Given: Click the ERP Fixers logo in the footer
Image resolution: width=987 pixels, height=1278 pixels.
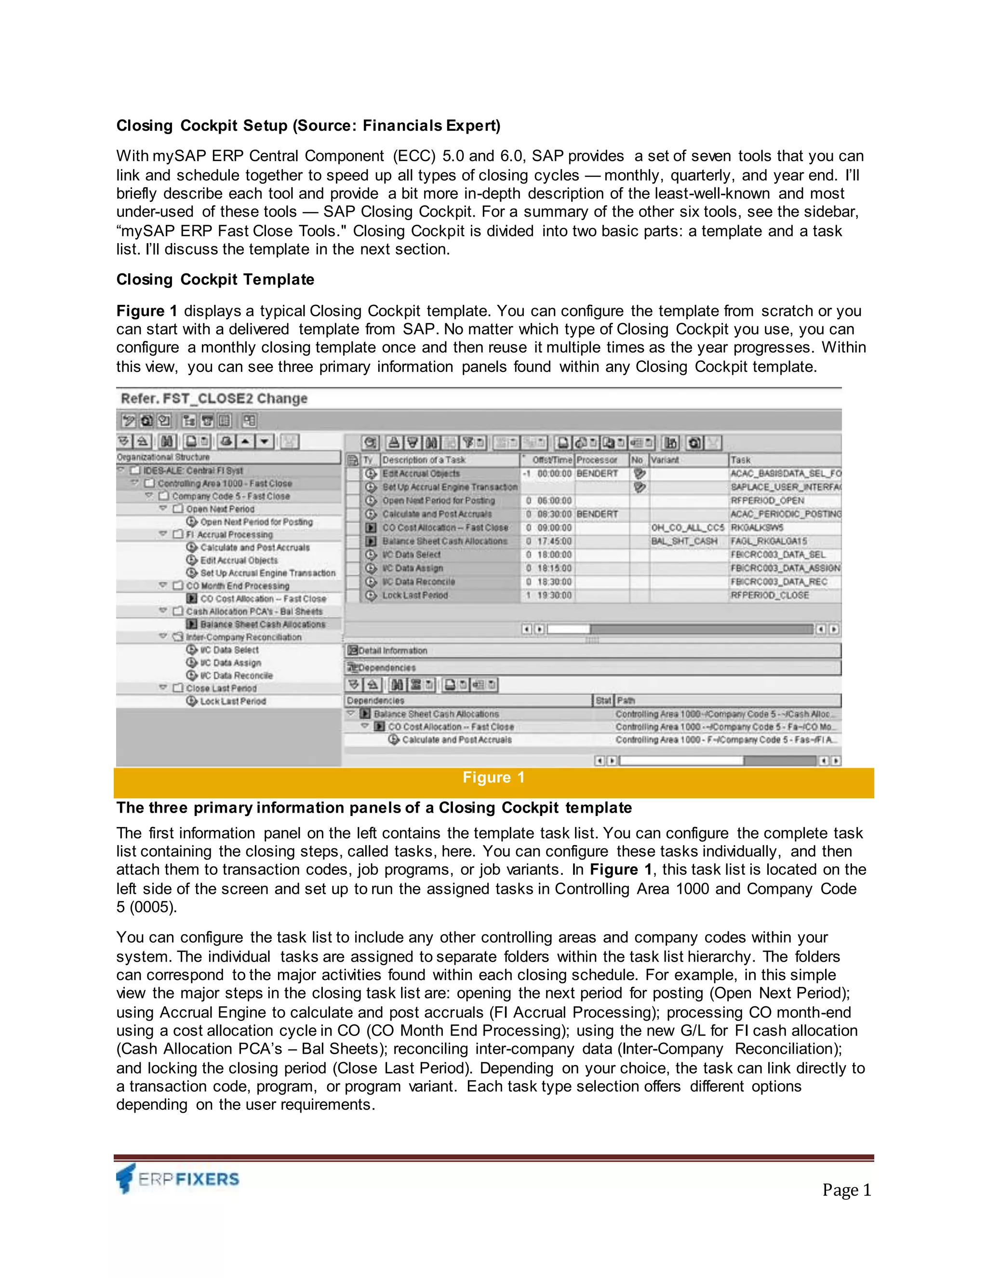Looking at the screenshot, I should coord(178,1178).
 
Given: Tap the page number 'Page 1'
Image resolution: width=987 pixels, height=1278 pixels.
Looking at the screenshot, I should coord(846,1189).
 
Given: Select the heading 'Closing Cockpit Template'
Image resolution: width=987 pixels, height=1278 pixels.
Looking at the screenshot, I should coord(215,279).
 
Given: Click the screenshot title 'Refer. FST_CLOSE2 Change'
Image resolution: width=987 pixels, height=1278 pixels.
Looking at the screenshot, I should coord(214,398).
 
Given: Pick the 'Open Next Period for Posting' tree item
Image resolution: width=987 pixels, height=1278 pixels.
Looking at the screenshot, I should coord(256,522).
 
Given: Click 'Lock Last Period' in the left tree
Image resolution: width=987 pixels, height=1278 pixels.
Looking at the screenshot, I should coord(233,701).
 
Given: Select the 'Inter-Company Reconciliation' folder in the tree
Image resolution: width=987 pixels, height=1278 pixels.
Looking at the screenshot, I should coord(244,637).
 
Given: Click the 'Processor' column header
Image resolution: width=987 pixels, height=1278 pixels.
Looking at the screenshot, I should coord(597,460).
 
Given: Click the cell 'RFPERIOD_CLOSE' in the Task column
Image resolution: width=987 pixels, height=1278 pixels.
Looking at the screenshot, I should coord(770,595).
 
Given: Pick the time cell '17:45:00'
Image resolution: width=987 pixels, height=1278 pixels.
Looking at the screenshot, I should coord(554,541).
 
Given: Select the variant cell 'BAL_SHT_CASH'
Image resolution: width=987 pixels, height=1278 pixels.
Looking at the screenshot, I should coord(684,541).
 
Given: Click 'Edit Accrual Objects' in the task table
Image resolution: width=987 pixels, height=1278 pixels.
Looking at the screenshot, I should coord(421,474).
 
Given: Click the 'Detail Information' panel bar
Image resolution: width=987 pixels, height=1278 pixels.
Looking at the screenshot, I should coord(392,651).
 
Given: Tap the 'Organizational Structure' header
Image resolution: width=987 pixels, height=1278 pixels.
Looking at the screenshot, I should coord(163,457).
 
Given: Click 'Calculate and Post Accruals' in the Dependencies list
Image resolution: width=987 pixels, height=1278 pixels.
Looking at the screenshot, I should coord(457,740).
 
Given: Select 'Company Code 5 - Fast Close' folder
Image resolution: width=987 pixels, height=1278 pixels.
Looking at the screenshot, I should coord(230,496).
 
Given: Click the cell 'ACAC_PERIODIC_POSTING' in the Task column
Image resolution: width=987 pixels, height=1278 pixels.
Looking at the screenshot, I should coord(785,514).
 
